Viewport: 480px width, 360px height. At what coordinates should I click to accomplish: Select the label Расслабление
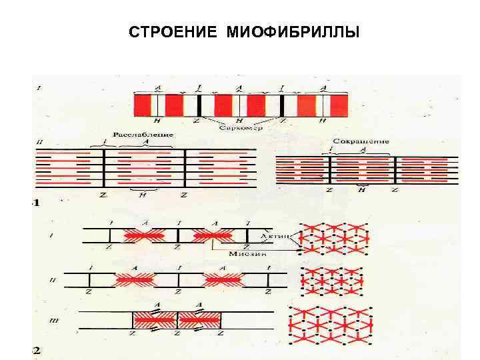[x=143, y=135]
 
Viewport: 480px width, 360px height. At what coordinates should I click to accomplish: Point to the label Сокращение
[x=360, y=141]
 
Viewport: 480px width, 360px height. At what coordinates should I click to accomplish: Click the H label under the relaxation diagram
[x=142, y=195]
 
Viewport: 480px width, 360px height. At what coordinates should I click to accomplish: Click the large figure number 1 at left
[x=36, y=202]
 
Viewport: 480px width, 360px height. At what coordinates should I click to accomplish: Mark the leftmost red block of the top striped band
[x=143, y=105]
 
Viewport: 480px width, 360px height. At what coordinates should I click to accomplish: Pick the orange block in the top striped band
[x=306, y=105]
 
